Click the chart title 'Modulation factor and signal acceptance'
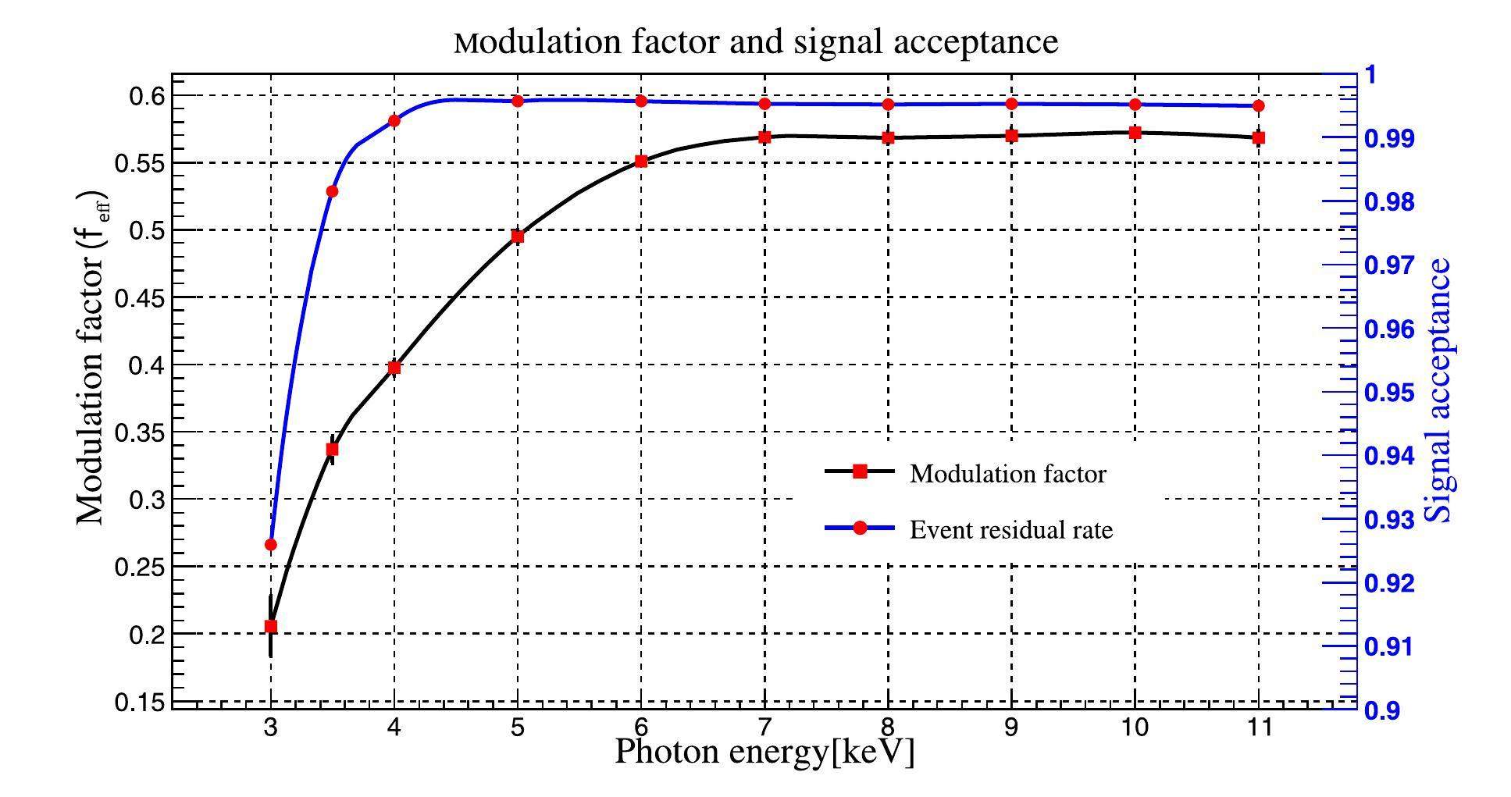(755, 41)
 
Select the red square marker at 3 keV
(271, 626)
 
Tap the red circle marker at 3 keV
(271, 544)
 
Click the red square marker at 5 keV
(517, 237)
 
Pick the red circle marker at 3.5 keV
(332, 191)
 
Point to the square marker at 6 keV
(641, 161)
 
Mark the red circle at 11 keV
(1258, 105)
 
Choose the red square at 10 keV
(1135, 133)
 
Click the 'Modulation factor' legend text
(1007, 474)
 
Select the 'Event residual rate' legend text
(1010, 530)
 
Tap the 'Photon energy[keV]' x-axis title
(764, 752)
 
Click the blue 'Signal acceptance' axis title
(1438, 390)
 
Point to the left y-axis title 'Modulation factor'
(91, 357)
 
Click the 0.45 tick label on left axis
(140, 297)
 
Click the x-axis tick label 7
(764, 728)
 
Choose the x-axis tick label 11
(1257, 728)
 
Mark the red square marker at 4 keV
(394, 367)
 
